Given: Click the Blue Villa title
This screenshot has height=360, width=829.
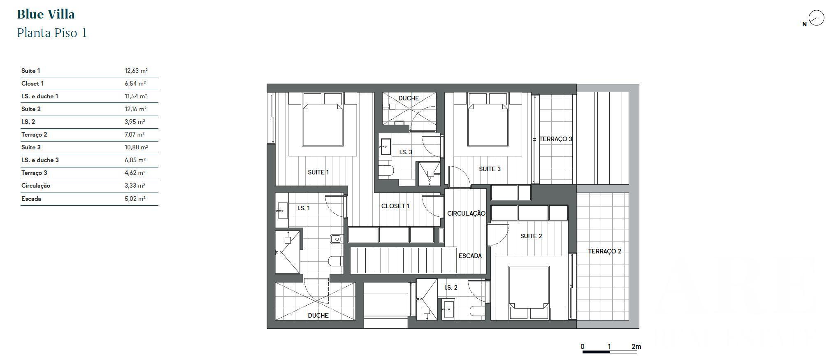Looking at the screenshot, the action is click(x=46, y=14).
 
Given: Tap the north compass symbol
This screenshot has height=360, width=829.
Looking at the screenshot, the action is click(x=816, y=19).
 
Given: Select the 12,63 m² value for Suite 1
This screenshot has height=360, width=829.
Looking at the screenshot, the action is click(x=136, y=71).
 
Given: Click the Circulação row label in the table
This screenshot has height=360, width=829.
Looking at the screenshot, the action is click(x=36, y=186).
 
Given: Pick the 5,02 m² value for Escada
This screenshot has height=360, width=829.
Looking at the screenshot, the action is click(x=135, y=199).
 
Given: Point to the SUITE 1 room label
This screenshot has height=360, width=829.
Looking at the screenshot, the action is click(x=318, y=172).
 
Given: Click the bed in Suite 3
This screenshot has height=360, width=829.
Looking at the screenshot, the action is click(x=488, y=125).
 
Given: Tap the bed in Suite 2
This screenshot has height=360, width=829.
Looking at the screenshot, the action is click(x=529, y=287).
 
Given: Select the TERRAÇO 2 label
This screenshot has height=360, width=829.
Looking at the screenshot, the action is click(x=604, y=251).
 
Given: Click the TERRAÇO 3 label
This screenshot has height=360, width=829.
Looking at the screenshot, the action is click(x=555, y=139).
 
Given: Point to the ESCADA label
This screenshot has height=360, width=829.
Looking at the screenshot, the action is click(x=470, y=256).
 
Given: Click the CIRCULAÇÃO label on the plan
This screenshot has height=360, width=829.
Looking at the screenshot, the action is click(x=466, y=214).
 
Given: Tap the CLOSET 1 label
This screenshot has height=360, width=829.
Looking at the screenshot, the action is click(x=395, y=206).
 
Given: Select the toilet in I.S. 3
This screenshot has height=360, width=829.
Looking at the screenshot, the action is click(x=386, y=171).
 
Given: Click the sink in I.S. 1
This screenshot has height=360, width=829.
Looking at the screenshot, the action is click(x=282, y=211).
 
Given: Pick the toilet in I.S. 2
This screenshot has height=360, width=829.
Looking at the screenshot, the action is click(x=478, y=311).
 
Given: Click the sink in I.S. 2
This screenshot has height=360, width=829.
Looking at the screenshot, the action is click(x=448, y=310).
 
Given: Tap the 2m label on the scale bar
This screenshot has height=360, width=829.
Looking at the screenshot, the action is click(x=636, y=346).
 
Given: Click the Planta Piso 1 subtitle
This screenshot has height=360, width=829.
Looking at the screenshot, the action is click(x=52, y=33).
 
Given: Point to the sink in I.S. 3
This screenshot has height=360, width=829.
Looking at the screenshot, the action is click(x=385, y=147).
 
